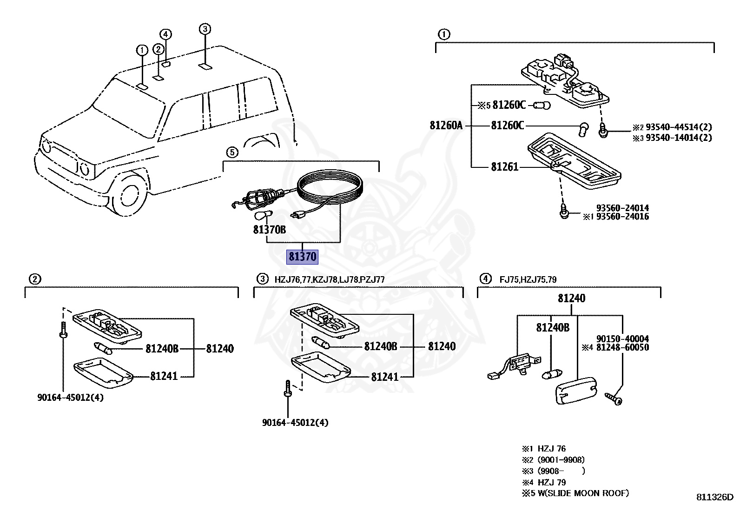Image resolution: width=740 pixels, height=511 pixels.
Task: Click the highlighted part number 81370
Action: (x=302, y=257)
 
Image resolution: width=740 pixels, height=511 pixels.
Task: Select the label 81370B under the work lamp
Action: (x=270, y=229)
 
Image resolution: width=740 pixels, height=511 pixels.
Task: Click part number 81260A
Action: (x=446, y=125)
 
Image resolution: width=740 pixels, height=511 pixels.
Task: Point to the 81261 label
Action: (x=504, y=166)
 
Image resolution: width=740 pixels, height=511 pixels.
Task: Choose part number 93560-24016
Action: (x=622, y=217)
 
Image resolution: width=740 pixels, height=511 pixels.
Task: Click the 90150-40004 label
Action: (x=622, y=339)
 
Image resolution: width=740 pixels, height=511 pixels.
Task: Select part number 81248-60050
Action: (x=622, y=347)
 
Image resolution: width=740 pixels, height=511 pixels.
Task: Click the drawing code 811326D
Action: (x=714, y=497)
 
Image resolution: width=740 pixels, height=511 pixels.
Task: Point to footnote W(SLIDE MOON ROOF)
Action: (x=583, y=493)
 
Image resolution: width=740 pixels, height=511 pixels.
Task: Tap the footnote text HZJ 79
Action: (x=552, y=482)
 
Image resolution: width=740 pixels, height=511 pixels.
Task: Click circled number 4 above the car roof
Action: (x=166, y=34)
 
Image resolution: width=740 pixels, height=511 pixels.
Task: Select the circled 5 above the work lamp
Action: (x=232, y=152)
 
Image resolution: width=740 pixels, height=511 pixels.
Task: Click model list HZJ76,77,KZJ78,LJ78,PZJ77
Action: (x=329, y=279)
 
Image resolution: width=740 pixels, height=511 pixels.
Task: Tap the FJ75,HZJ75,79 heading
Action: (x=528, y=279)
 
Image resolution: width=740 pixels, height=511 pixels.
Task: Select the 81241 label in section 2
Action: (x=164, y=376)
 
